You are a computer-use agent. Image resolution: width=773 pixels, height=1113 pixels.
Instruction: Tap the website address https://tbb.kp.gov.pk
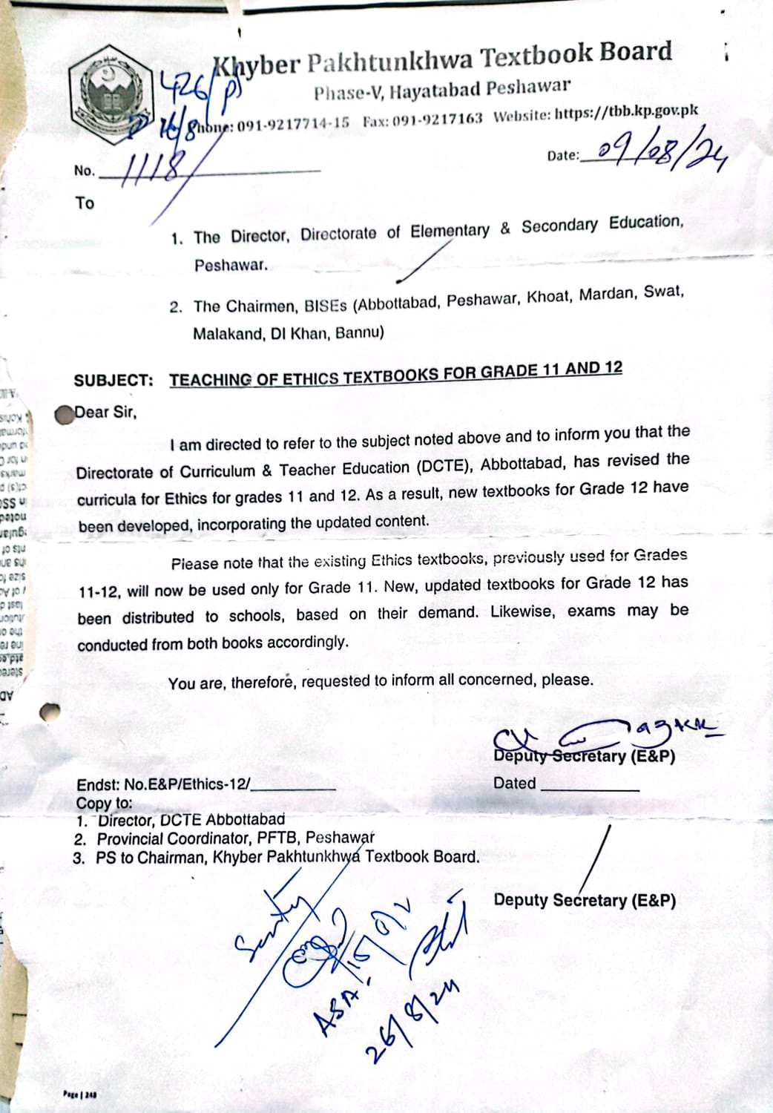click(x=627, y=113)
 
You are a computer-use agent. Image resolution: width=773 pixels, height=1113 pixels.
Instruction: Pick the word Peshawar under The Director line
click(x=231, y=265)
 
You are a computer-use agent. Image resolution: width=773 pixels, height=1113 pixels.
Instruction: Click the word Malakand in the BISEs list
click(x=226, y=334)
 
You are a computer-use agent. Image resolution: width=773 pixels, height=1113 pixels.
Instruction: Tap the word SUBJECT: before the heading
click(x=114, y=381)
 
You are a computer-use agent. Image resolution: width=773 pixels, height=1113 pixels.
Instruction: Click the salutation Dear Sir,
click(x=105, y=413)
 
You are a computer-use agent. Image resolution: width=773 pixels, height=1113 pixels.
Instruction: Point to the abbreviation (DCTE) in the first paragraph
click(x=443, y=467)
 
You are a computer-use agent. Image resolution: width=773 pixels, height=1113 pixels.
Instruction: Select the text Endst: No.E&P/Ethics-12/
click(x=163, y=785)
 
